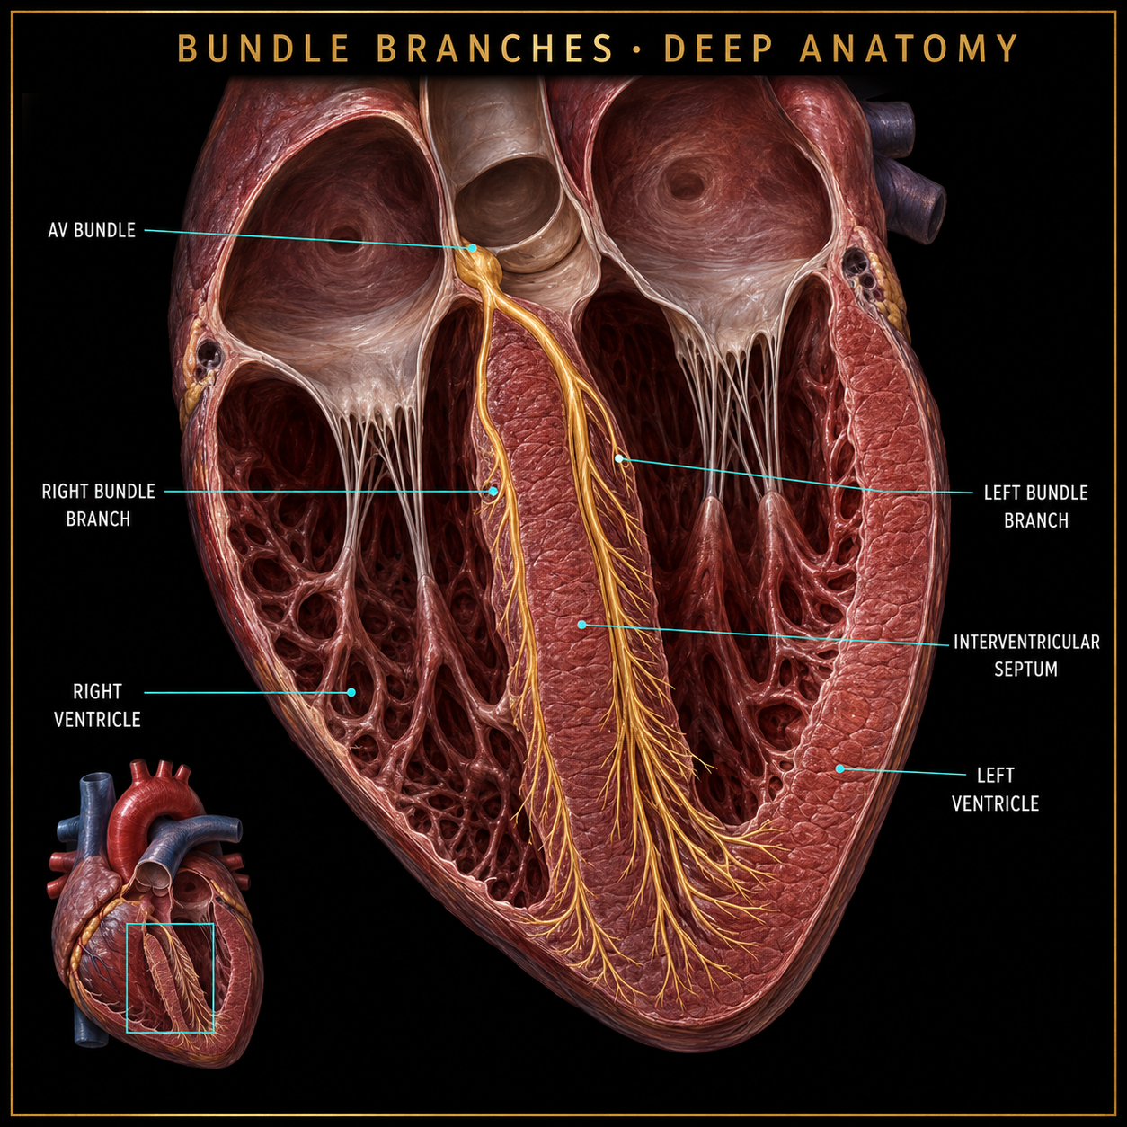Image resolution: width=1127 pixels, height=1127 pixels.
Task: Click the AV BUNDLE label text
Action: point(92,230)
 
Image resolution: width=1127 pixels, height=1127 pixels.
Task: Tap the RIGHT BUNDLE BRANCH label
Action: point(98,505)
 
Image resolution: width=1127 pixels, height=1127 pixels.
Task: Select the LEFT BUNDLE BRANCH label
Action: point(1035,507)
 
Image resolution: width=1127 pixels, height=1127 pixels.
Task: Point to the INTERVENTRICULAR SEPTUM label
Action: point(1026,655)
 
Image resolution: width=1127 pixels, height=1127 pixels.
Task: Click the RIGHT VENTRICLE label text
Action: point(97,705)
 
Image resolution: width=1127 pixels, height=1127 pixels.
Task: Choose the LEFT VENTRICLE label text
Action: point(996,790)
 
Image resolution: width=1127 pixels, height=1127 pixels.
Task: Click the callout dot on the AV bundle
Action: point(472,248)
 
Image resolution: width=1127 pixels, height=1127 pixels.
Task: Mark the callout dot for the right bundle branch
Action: point(493,492)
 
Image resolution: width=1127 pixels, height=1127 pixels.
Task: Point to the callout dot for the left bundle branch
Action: point(618,458)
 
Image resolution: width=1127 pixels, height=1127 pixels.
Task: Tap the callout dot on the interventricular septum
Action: point(581,625)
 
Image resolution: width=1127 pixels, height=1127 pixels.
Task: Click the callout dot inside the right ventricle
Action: point(351,692)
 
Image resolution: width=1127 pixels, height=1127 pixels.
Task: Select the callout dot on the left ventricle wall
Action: point(839,768)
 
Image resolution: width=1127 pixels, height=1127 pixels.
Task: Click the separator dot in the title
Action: point(638,49)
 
